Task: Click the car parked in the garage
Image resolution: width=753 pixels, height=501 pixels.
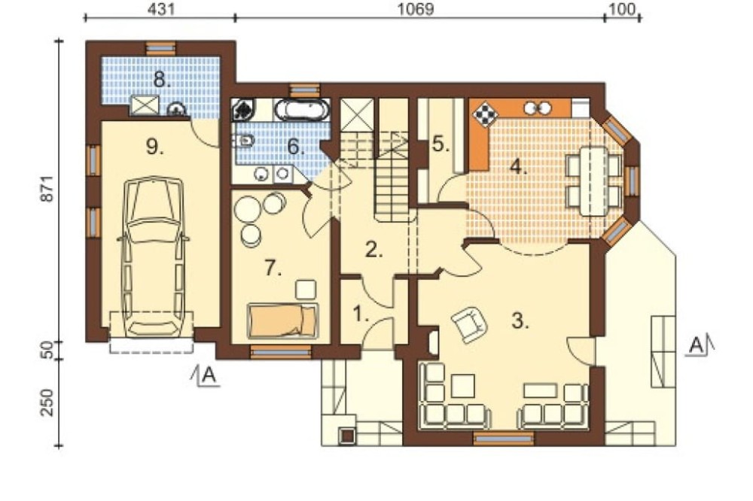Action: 153,257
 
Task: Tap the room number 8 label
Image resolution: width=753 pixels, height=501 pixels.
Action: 163,79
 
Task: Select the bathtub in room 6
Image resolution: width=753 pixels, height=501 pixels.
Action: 303,110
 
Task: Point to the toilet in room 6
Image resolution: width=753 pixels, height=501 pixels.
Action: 244,141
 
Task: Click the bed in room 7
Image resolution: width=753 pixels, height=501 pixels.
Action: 282,321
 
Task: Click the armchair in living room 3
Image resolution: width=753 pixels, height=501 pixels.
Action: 469,324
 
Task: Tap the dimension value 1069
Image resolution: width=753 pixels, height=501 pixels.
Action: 416,9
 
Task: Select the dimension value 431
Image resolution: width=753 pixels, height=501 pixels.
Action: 160,9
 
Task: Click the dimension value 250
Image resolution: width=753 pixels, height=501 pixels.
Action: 48,402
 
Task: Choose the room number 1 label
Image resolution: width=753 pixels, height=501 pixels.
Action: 361,314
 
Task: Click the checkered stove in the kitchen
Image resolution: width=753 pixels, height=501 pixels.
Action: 486,114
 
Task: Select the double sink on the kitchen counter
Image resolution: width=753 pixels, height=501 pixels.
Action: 538,108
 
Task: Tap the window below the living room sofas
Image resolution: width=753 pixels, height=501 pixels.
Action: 503,438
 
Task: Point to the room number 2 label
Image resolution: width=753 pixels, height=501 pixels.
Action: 374,250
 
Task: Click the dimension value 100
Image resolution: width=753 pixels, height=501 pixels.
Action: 623,9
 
